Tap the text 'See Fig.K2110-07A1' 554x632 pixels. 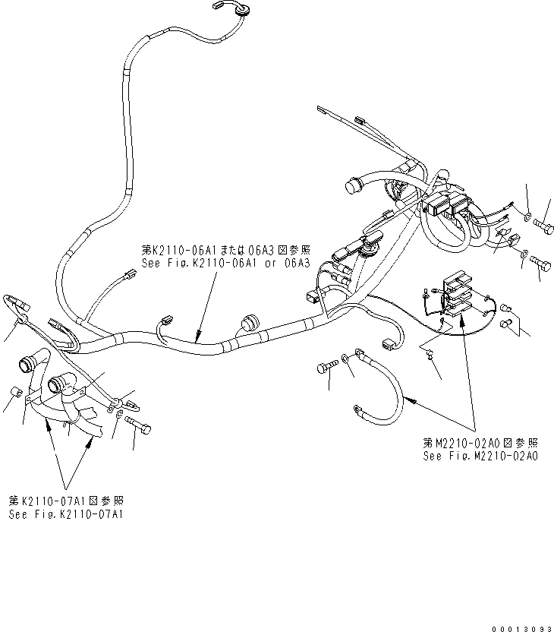[67, 514]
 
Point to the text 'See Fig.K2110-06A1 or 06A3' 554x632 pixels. [226, 263]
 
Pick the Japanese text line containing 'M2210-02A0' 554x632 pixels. [482, 443]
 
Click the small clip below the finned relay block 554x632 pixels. [429, 352]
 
